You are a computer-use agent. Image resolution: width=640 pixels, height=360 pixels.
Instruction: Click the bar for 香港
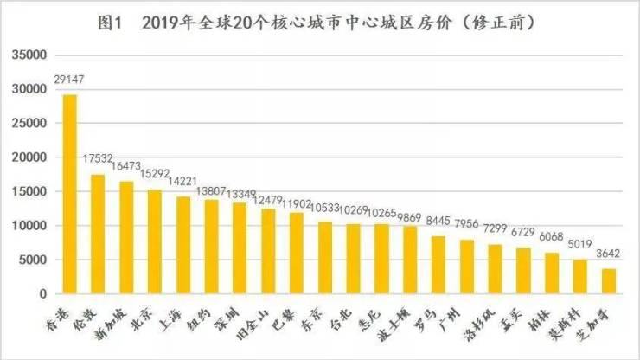pyautogui.click(x=69, y=195)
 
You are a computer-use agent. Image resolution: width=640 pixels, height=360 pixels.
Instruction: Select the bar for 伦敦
pyautogui.click(x=98, y=235)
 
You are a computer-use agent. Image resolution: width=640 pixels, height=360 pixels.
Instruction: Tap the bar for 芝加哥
pyautogui.click(x=608, y=281)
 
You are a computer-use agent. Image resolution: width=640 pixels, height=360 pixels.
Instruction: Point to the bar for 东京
pyautogui.click(x=324, y=258)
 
